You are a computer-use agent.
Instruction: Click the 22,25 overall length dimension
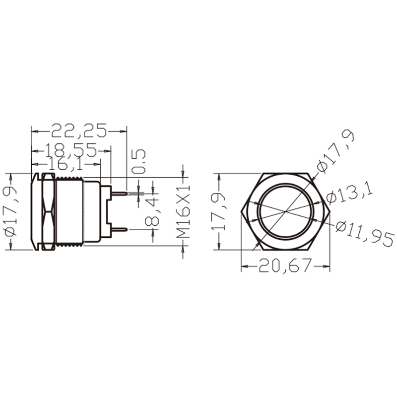[79, 131]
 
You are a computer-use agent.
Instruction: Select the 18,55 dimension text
[71, 150]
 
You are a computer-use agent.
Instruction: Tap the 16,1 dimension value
[66, 164]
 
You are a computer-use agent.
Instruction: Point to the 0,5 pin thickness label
[139, 161]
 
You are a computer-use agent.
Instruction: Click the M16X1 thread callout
[183, 211]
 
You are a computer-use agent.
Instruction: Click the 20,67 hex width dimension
[285, 265]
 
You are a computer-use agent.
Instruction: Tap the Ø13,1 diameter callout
[349, 193]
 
